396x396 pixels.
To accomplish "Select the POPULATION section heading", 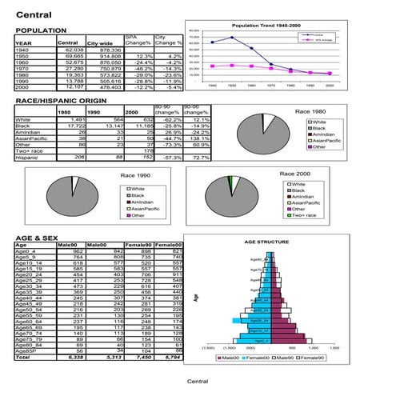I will click(42, 30).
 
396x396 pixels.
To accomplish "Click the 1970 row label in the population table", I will click(24, 69).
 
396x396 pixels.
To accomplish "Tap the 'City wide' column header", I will click(99, 42).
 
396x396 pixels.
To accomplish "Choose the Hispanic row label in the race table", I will click(29, 158).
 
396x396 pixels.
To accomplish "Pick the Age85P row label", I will click(28, 350).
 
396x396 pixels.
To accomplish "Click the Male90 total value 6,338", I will click(71, 357).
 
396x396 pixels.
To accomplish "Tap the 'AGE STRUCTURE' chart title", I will click(266, 240).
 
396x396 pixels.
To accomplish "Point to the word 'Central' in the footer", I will click(198, 382).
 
